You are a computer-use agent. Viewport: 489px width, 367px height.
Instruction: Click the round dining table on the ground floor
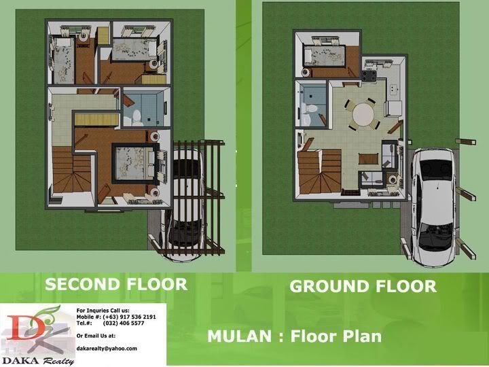[x=363, y=115]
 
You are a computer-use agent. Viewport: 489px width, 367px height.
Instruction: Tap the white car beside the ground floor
[x=434, y=207]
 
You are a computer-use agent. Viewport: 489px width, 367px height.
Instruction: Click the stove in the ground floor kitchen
[x=369, y=75]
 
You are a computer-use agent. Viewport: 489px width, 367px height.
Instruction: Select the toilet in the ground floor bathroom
[x=310, y=109]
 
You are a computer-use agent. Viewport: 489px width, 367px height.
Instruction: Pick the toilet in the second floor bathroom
[x=137, y=117]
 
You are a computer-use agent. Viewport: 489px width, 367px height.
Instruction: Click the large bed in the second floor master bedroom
[x=135, y=163]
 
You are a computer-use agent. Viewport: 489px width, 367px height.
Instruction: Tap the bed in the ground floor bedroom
[x=325, y=56]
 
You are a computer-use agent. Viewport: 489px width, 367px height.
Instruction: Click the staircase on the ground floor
[x=319, y=171]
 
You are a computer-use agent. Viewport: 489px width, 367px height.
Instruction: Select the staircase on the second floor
[x=72, y=170]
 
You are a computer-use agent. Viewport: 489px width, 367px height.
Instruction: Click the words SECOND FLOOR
[x=116, y=284]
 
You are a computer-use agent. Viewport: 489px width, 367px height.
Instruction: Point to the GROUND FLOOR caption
[x=363, y=286]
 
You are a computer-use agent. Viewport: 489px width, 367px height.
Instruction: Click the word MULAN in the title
[x=239, y=336]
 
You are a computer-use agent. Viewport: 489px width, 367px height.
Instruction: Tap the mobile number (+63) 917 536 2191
[x=129, y=317]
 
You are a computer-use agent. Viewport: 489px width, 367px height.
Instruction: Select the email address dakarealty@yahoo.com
[x=107, y=348]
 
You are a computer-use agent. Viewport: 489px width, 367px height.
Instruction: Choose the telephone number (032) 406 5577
[x=124, y=323]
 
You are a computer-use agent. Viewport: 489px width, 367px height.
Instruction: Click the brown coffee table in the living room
[x=368, y=158]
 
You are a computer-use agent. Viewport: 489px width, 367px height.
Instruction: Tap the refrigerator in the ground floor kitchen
[x=393, y=109]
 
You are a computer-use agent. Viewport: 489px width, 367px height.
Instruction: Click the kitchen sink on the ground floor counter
[x=393, y=88]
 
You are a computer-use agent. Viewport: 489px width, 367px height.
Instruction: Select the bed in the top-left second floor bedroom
[x=64, y=60]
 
